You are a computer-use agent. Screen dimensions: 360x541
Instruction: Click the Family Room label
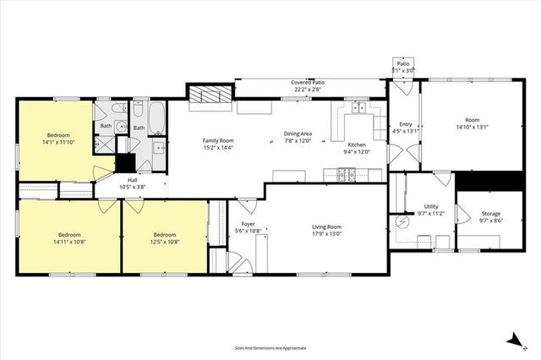(x=217, y=140)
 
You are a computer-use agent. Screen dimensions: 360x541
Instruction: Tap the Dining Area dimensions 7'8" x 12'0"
(x=298, y=140)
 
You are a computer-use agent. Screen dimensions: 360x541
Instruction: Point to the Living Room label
(x=326, y=226)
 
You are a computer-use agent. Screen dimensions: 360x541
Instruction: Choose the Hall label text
(x=133, y=180)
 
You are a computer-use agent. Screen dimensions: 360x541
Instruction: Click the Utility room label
(x=430, y=206)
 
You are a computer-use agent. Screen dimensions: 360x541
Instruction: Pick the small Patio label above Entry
(x=404, y=63)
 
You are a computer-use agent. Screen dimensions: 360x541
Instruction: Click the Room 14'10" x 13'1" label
(x=472, y=121)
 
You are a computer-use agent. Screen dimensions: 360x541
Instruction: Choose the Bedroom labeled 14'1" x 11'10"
(x=58, y=135)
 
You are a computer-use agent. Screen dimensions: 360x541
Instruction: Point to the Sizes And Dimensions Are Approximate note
(x=270, y=347)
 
